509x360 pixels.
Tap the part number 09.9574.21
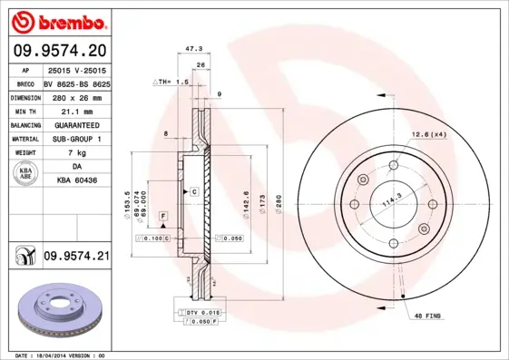pyautogui.click(x=75, y=257)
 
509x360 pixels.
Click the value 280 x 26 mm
pyautogui.click(x=76, y=96)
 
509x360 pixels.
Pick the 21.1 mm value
pyautogui.click(x=76, y=110)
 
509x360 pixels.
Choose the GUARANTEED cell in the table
pyautogui.click(x=76, y=124)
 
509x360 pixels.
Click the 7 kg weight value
pyautogui.click(x=76, y=153)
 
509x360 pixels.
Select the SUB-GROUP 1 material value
pyautogui.click(x=76, y=139)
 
